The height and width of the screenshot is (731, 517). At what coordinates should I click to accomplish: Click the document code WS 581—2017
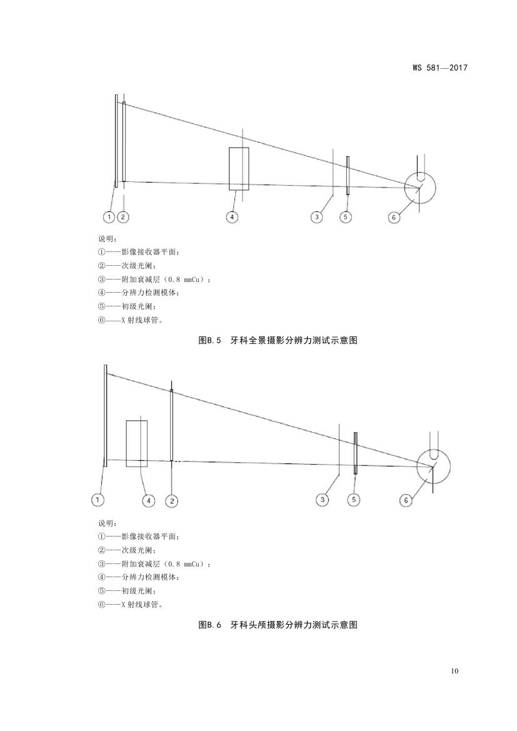click(x=439, y=68)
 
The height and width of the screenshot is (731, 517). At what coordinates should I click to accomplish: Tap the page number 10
click(x=455, y=671)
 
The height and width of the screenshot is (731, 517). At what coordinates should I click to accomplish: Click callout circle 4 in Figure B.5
click(x=232, y=217)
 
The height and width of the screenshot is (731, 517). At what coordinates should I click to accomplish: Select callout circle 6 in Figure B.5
click(x=394, y=217)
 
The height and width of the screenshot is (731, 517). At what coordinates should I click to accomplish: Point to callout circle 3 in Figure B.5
click(x=317, y=217)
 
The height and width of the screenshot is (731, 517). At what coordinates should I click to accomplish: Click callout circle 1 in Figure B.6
click(x=98, y=500)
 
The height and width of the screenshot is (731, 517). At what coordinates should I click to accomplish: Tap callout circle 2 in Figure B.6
click(x=172, y=501)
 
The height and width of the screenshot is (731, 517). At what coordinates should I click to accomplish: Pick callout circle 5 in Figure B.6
click(x=354, y=500)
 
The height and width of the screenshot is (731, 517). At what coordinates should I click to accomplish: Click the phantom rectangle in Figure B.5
click(x=239, y=169)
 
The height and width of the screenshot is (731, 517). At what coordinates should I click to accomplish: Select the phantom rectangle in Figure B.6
click(x=137, y=443)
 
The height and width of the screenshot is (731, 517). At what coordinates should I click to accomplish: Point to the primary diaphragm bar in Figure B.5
click(x=348, y=175)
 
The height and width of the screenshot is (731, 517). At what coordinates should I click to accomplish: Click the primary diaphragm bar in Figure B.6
click(x=355, y=453)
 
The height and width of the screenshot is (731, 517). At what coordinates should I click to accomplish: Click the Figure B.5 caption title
click(x=278, y=340)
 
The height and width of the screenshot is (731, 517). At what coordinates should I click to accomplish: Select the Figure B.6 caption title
click(x=278, y=625)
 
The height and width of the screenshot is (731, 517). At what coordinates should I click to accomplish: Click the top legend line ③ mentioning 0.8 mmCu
click(x=154, y=280)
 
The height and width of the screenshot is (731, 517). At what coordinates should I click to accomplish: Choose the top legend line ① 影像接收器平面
click(x=138, y=252)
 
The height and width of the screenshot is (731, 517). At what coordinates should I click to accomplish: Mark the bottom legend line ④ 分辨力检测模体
click(x=138, y=577)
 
